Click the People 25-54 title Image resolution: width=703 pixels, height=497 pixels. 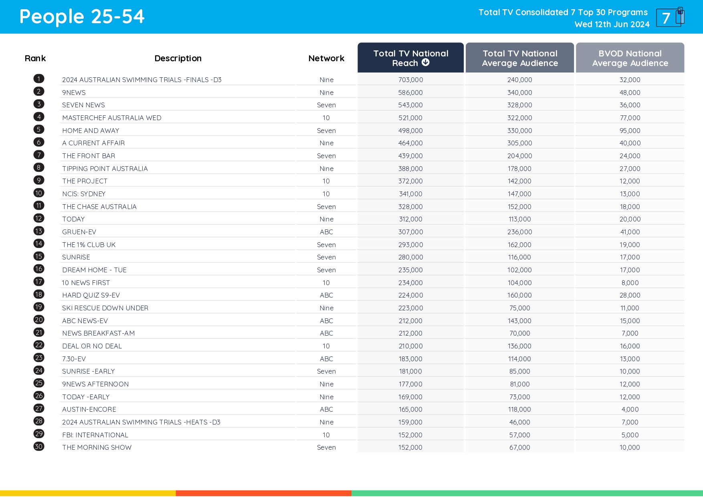82,17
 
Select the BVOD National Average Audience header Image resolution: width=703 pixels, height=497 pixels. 630,58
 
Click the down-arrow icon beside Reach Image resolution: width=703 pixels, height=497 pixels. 426,62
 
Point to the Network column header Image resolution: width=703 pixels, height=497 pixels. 326,58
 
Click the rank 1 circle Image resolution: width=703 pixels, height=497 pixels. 39,79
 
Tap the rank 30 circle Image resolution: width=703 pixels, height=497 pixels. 39,447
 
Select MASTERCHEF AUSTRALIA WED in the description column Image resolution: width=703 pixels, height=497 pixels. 112,118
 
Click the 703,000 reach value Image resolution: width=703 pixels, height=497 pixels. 410,80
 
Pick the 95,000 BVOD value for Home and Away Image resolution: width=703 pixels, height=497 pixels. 630,131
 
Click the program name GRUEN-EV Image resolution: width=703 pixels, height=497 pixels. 79,232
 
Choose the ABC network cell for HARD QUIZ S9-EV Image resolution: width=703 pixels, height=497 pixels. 326,295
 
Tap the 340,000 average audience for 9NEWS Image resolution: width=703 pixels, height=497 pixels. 519,93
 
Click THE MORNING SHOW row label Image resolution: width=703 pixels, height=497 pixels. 97,447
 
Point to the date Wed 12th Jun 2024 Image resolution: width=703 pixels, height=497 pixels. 612,24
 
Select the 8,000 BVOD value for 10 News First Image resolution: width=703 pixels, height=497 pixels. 630,283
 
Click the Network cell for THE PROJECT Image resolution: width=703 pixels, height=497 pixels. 326,181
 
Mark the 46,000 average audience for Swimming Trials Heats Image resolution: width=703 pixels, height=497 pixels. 519,422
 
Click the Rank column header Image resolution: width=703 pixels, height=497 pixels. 35,58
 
